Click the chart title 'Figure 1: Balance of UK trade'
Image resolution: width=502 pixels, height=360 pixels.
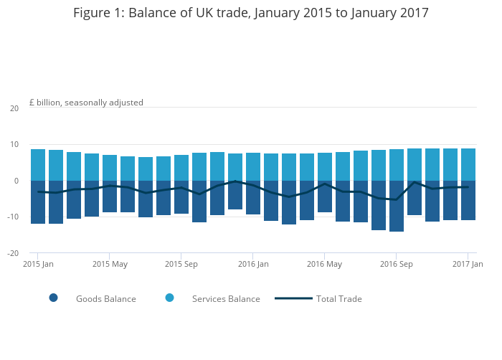[251, 14]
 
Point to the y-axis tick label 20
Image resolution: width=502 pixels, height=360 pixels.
[14, 108]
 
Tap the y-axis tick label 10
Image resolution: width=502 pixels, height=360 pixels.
[14, 145]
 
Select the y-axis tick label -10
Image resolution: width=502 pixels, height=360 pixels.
[13, 217]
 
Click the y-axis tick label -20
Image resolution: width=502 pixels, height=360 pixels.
[13, 253]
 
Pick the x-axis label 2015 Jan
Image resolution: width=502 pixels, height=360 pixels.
[38, 264]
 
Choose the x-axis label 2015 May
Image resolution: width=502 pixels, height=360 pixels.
[110, 264]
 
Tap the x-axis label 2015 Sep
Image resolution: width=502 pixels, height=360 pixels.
[181, 264]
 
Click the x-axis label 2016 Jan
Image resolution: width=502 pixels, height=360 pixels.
[253, 264]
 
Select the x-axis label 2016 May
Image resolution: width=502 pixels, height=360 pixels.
[325, 264]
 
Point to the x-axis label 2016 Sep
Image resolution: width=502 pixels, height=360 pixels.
[397, 264]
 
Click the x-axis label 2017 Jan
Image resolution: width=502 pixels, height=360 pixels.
[467, 264]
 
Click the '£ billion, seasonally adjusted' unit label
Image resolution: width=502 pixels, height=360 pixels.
[86, 103]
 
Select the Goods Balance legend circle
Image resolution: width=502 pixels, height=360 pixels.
[53, 298]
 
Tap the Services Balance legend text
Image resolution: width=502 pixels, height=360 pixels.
[226, 299]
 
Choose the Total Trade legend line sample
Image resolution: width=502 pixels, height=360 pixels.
[293, 298]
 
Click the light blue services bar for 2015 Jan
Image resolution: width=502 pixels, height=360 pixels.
[38, 165]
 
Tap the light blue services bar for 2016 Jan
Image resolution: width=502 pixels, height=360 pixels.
[253, 166]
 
